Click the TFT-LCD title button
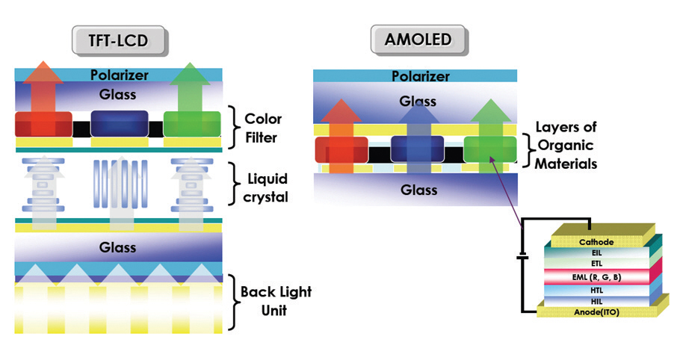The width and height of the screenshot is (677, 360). (x=119, y=41)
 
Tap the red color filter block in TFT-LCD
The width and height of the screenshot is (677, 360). (x=43, y=125)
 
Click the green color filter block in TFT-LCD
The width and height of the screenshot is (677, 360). (x=192, y=125)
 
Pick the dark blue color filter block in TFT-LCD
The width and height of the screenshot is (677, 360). (x=119, y=124)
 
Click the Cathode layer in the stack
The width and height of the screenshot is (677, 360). (x=596, y=242)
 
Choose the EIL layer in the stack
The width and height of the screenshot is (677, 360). (x=596, y=253)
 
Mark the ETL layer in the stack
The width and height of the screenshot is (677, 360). (x=596, y=264)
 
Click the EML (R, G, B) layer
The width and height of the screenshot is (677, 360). (x=596, y=277)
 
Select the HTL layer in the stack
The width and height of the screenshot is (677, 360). (x=596, y=290)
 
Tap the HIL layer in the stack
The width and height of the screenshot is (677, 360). (x=596, y=300)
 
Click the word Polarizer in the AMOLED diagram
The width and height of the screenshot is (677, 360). (x=415, y=76)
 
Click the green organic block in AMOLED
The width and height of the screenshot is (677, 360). (x=490, y=149)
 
